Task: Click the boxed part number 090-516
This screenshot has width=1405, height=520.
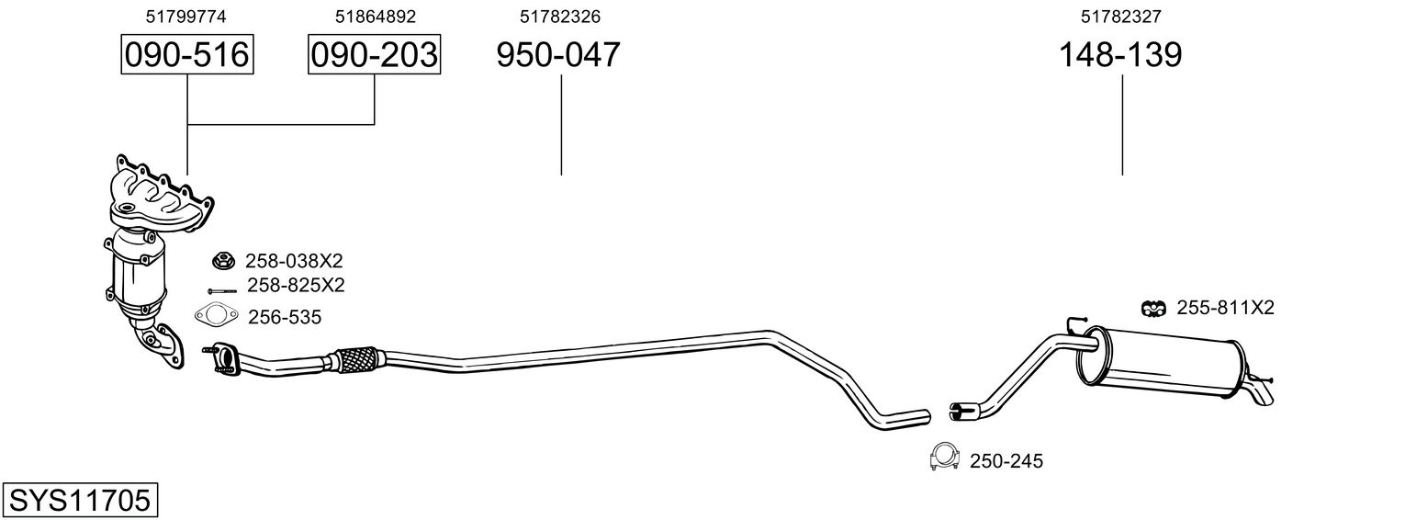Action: [x=187, y=54]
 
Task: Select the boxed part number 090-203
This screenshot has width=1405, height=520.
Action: [x=374, y=54]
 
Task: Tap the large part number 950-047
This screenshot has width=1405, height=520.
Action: [x=558, y=54]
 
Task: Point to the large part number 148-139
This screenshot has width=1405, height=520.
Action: [x=1120, y=54]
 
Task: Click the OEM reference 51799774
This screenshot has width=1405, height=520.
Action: [x=185, y=17]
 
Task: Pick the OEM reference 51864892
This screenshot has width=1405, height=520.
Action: [x=375, y=17]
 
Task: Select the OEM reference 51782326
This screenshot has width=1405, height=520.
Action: [x=559, y=17]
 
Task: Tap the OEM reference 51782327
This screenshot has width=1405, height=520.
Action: [x=1121, y=17]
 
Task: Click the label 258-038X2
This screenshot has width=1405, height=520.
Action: [x=294, y=261]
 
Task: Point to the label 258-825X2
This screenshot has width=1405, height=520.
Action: [x=296, y=286]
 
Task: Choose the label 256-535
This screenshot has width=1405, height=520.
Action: [x=284, y=317]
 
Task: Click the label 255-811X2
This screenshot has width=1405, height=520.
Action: [x=1225, y=308]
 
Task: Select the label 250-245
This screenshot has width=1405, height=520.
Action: [x=1006, y=462]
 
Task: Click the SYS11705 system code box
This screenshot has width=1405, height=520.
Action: [x=80, y=501]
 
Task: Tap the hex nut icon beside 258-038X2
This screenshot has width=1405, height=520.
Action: [x=223, y=260]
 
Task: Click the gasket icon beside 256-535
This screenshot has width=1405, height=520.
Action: [x=217, y=315]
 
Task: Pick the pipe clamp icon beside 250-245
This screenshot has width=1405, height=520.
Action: [x=945, y=457]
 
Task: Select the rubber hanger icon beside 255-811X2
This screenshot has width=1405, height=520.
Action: [x=1152, y=308]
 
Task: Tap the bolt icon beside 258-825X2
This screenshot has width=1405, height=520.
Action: [x=222, y=291]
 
